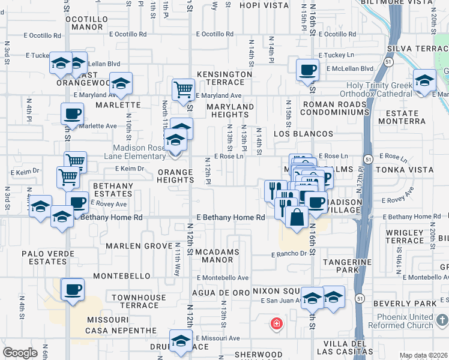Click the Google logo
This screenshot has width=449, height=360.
tap(20, 353)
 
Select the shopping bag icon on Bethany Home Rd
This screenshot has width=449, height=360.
tap(297, 218)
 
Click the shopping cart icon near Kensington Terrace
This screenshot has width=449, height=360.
tap(183, 90)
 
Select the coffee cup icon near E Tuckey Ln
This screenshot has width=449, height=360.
tap(307, 69)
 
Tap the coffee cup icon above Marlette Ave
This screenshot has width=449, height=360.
tap(73, 113)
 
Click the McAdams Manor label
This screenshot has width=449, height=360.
tap(217, 256)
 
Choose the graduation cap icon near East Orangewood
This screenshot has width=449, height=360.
tap(121, 84)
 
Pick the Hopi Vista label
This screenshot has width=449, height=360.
tap(264, 5)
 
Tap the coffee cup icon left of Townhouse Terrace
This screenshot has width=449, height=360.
tap(73, 290)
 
